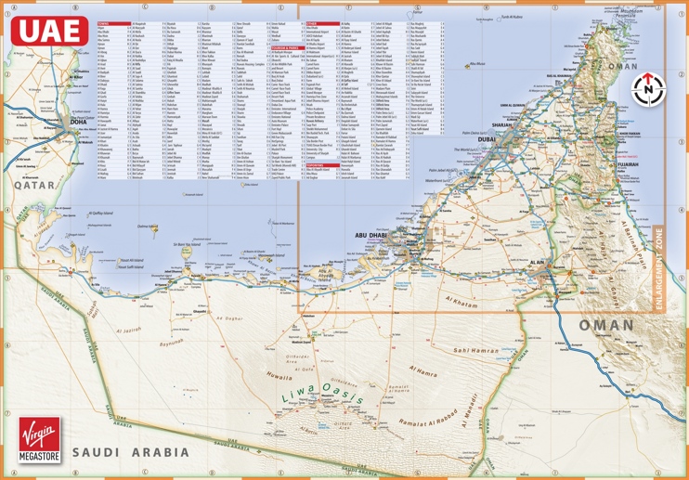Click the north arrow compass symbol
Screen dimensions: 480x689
(647, 90)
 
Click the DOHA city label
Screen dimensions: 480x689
(78, 123)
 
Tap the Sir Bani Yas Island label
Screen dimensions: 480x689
(188, 246)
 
